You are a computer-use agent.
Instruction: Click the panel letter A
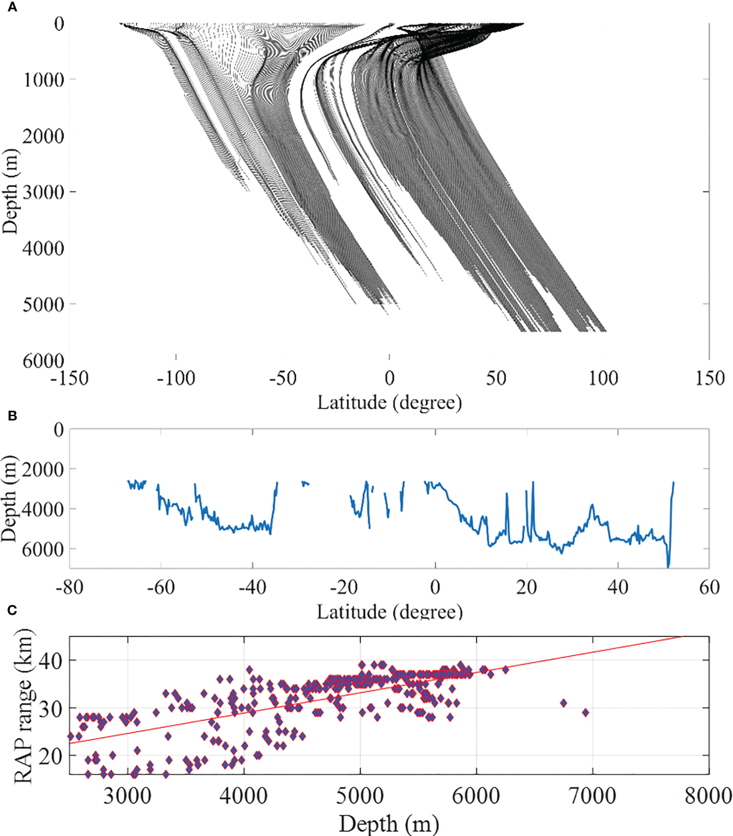click(12, 7)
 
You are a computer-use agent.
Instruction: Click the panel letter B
click(12, 416)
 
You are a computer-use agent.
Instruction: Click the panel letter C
click(12, 610)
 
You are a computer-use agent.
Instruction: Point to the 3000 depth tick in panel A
click(43, 192)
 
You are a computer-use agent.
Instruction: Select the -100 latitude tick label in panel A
click(176, 378)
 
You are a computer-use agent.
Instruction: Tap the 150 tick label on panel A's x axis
click(709, 378)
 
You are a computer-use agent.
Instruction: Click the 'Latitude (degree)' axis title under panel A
click(389, 403)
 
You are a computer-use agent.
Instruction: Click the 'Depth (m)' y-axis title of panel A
click(10, 192)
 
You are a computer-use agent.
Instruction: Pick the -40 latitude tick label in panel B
click(252, 587)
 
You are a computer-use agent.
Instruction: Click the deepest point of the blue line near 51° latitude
click(668, 567)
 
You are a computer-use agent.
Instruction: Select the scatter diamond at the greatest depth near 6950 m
click(585, 712)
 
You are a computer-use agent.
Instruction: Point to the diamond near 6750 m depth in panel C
click(563, 703)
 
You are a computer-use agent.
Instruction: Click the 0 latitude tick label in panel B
click(435, 587)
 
